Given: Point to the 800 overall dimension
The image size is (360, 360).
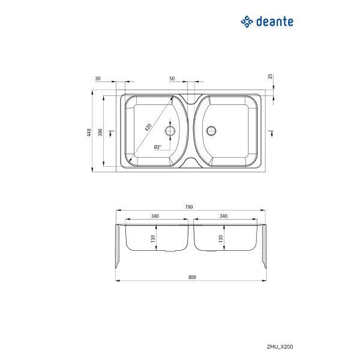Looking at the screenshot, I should [191, 277].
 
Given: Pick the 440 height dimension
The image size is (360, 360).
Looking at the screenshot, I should [88, 133].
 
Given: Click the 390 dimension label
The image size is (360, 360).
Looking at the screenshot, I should [100, 131].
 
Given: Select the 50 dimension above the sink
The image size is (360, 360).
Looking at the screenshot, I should [172, 79].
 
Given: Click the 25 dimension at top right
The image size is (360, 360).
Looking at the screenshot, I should [271, 76].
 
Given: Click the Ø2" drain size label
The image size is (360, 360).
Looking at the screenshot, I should [157, 147].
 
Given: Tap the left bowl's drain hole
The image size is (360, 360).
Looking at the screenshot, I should [170, 130].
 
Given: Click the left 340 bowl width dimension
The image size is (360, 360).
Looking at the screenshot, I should [155, 216].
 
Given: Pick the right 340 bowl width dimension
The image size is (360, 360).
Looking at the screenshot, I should [224, 216].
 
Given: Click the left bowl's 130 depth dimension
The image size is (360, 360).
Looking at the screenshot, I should [154, 238].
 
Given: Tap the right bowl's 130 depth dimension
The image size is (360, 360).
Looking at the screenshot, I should [221, 238].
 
